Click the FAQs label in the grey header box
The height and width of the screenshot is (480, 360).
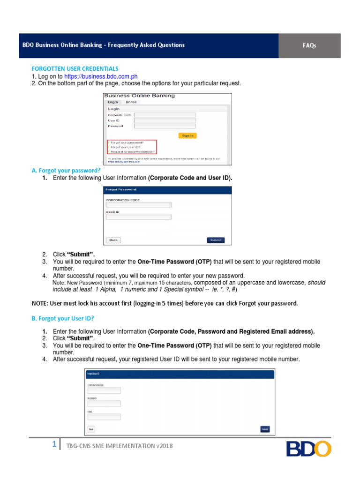point(309,45)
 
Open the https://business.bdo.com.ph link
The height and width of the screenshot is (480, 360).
point(101,76)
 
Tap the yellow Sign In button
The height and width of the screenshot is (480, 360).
point(187,135)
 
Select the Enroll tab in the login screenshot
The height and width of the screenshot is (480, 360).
point(131,102)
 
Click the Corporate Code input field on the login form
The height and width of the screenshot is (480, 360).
point(165,115)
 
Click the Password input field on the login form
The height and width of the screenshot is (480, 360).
point(165,126)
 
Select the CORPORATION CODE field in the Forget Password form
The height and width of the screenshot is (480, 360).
point(138,205)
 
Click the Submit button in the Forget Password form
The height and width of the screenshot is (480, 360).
point(216,240)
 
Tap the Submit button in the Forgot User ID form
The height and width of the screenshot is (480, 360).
point(265,429)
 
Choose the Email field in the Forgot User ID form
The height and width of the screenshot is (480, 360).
point(104,416)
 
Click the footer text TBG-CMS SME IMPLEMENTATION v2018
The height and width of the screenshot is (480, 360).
point(120,446)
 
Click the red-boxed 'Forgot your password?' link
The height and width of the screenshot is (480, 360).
point(127,142)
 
